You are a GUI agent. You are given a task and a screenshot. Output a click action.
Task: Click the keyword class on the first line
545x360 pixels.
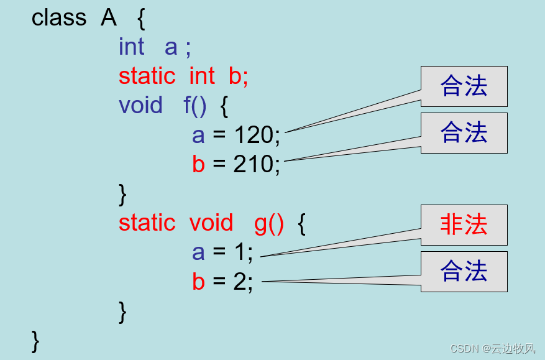pyautogui.click(x=59, y=18)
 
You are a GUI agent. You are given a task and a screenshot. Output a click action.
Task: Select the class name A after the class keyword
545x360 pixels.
pyautogui.click(x=109, y=18)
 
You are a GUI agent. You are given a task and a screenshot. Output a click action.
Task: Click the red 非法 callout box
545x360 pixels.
pyautogui.click(x=464, y=225)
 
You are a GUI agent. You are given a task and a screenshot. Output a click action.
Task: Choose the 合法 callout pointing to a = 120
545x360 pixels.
pyautogui.click(x=464, y=86)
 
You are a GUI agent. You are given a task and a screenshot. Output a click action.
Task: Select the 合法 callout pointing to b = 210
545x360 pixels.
pyautogui.click(x=464, y=133)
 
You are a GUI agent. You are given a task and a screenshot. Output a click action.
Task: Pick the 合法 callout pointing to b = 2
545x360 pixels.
pyautogui.click(x=464, y=272)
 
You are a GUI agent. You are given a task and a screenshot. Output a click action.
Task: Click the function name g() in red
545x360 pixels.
pyautogui.click(x=269, y=223)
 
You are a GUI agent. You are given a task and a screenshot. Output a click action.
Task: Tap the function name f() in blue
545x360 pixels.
pyautogui.click(x=195, y=105)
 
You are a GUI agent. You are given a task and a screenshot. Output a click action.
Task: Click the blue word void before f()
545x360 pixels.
pyautogui.click(x=140, y=105)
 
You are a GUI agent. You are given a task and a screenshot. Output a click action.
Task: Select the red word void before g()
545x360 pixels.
pyautogui.click(x=211, y=223)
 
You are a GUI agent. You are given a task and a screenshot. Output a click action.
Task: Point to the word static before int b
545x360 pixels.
pyautogui.click(x=147, y=76)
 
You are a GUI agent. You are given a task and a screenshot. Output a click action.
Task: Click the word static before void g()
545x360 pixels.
pyautogui.click(x=147, y=223)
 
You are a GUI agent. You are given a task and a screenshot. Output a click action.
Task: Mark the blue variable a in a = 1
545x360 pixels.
pyautogui.click(x=198, y=252)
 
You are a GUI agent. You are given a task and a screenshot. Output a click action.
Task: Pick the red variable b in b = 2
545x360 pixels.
pyautogui.click(x=198, y=282)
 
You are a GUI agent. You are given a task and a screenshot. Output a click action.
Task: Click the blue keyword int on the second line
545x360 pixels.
pyautogui.click(x=131, y=47)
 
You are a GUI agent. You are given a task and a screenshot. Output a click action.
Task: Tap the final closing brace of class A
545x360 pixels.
pyautogui.click(x=35, y=339)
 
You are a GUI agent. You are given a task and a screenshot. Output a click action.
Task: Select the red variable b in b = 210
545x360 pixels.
pyautogui.click(x=198, y=164)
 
